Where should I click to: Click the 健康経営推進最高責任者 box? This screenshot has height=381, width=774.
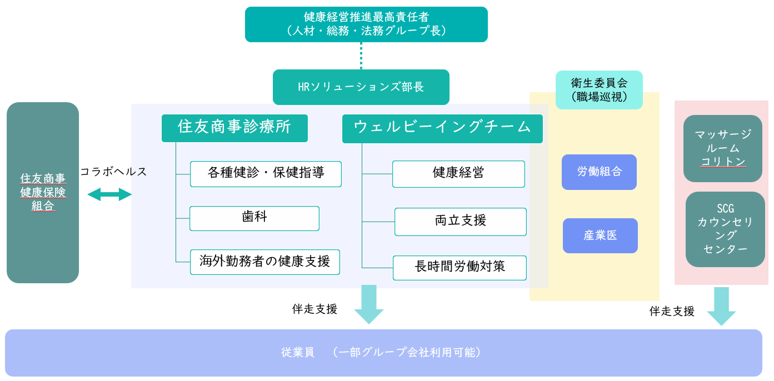tap(366, 24)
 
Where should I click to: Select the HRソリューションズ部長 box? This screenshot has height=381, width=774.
tap(361, 87)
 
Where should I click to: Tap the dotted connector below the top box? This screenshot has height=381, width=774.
tap(361, 56)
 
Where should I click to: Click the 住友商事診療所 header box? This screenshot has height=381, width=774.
tap(234, 127)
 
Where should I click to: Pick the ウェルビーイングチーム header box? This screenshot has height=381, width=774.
tap(442, 127)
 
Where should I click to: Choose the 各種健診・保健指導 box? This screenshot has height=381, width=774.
tap(266, 174)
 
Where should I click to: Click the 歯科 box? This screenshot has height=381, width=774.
tap(254, 218)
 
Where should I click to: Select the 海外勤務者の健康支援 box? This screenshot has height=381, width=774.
tap(265, 262)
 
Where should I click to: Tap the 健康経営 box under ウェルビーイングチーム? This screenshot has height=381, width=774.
tap(458, 174)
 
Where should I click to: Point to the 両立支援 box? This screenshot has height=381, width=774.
tap(460, 222)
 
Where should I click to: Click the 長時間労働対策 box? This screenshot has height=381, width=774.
tap(460, 268)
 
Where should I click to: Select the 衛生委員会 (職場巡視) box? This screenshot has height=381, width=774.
tap(599, 90)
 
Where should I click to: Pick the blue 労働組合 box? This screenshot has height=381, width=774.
tap(599, 172)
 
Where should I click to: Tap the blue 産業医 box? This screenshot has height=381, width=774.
tap(600, 235)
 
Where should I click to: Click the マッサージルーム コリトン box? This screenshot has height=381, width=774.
tap(722, 148)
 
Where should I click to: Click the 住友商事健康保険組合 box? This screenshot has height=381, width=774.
tap(43, 193)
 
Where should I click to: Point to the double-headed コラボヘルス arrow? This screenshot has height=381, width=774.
tap(109, 194)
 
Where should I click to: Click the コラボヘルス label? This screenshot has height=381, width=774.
tap(113, 172)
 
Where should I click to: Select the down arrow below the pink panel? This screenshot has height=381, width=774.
tap(721, 306)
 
